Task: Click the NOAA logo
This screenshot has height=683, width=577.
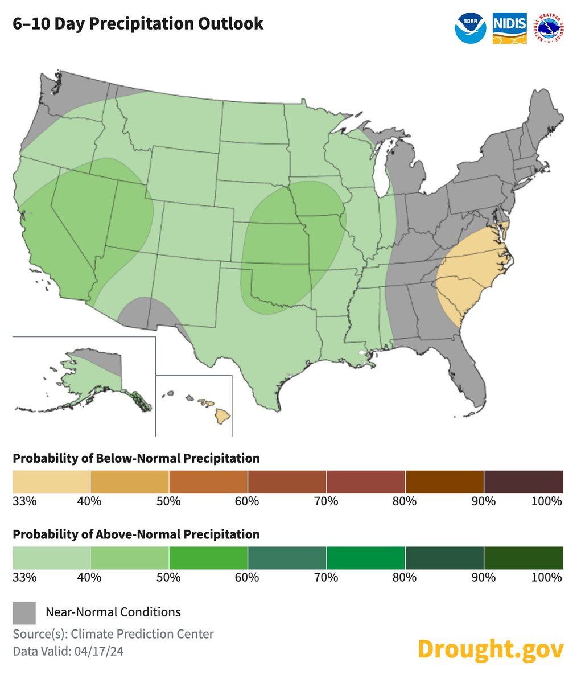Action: click(471, 27)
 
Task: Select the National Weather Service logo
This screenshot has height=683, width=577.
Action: click(551, 27)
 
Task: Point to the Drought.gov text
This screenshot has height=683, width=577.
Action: click(491, 648)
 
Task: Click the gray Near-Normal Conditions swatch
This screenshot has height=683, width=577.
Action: click(24, 613)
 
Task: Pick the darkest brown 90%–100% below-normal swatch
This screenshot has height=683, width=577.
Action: click(523, 482)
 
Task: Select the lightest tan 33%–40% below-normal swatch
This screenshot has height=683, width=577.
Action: click(51, 482)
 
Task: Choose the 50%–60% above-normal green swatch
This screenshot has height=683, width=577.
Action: click(208, 557)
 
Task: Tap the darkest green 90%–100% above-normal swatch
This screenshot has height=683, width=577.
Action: click(523, 557)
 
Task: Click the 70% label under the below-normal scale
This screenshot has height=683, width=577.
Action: click(327, 501)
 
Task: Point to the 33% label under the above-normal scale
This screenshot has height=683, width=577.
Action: click(24, 577)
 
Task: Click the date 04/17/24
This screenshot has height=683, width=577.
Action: click(98, 652)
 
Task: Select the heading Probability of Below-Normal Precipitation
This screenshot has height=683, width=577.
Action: click(136, 458)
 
